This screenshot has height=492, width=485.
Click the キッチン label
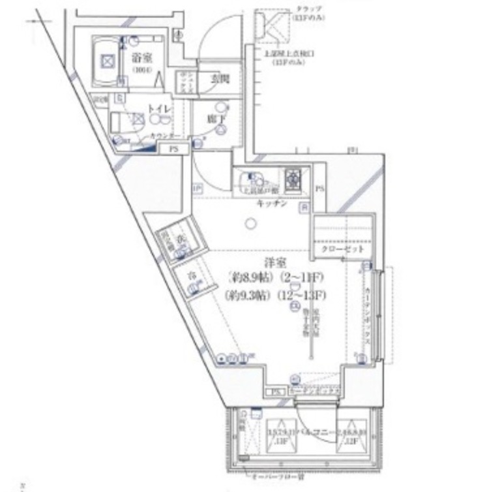pyautogui.click(x=271, y=203)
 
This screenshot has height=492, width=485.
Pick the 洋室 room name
pyautogui.click(x=273, y=262)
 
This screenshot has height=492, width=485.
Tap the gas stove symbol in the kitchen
pyautogui.click(x=292, y=177)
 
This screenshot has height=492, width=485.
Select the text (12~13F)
pyautogui.click(x=305, y=295)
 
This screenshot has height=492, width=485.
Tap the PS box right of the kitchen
pyautogui.click(x=319, y=189)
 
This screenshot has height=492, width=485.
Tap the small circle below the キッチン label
pyautogui.click(x=252, y=224)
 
